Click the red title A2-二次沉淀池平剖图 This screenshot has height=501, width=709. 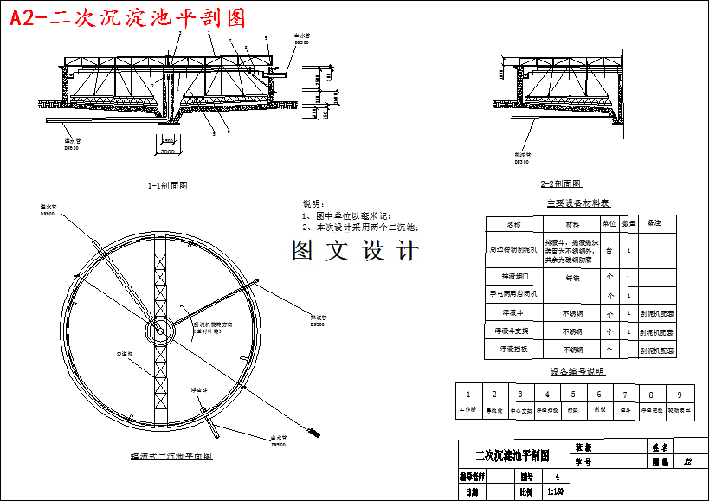[x=126, y=18]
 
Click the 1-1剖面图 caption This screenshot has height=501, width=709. [x=168, y=185]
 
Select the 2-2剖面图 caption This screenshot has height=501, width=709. [x=561, y=183]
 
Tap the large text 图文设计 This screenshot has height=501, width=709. [x=355, y=252]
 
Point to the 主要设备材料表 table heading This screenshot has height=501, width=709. [x=577, y=203]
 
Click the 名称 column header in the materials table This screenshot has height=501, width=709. [x=513, y=223]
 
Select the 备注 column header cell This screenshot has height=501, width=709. [x=654, y=223]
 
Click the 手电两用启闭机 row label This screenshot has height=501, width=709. [x=513, y=295]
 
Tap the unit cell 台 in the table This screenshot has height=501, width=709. [x=609, y=251]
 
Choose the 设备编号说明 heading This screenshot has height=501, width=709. [x=577, y=371]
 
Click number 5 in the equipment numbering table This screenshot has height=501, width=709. [x=572, y=394]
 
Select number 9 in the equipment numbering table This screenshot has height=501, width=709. [x=680, y=394]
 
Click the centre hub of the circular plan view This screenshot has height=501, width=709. [x=160, y=331]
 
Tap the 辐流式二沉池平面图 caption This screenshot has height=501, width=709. [x=171, y=456]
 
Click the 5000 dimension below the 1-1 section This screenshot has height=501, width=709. [x=167, y=151]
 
